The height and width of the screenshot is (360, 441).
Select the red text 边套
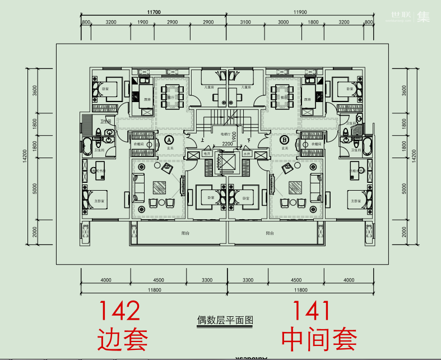click(123, 339)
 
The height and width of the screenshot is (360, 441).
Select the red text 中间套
click(319, 339)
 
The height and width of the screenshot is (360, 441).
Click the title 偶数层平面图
click(225, 321)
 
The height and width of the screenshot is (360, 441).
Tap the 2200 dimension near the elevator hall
click(226, 144)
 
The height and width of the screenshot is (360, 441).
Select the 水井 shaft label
click(247, 153)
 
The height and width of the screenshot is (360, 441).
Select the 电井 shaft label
click(206, 153)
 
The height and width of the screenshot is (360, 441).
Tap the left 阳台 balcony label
click(185, 233)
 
